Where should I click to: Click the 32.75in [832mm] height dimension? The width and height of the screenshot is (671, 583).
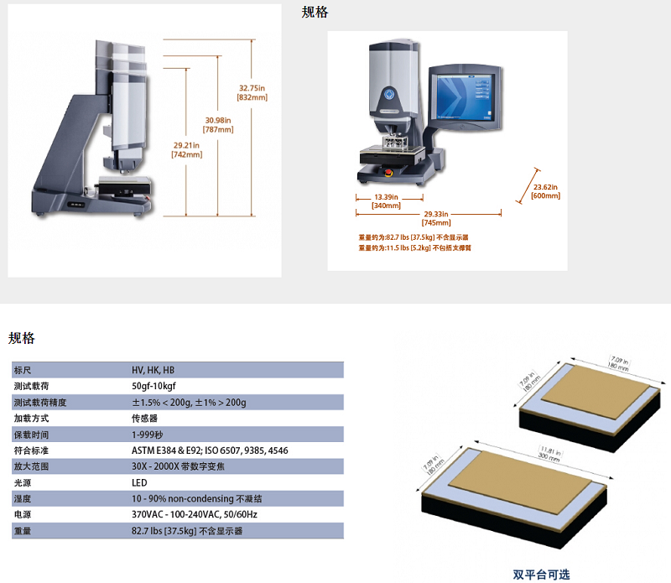252,92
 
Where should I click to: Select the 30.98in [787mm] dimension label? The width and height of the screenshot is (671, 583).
219,124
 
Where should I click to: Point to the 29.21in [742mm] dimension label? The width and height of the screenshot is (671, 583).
185,150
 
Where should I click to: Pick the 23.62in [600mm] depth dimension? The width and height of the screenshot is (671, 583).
546,191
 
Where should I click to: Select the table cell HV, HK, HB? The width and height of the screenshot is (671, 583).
153,370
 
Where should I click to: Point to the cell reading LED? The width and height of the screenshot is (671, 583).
139,482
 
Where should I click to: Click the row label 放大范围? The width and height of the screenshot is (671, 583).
31,466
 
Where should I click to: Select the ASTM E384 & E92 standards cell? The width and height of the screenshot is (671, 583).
209,450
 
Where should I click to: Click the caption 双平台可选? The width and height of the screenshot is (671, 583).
541,575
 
